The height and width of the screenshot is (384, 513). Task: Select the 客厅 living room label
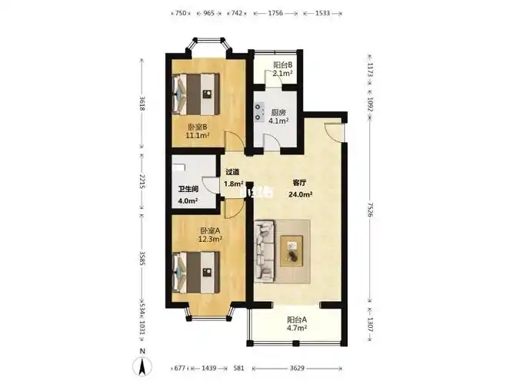click(x=301, y=183)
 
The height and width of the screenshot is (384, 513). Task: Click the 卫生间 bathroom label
click(x=188, y=189)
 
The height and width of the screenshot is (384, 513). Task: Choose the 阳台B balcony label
click(x=282, y=65)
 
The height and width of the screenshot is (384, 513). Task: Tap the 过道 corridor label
click(x=232, y=172)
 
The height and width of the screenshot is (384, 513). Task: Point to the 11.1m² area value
click(x=198, y=137)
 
